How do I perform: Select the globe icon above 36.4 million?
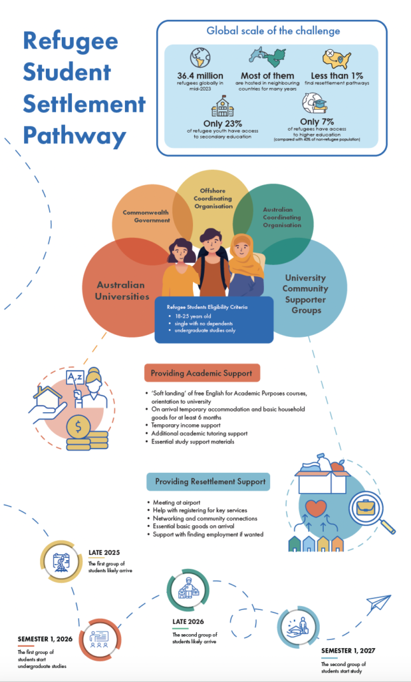200,57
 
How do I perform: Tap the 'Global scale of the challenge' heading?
273,31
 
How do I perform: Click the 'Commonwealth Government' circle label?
147,216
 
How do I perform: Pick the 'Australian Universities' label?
126,290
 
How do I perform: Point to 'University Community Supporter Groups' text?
305,293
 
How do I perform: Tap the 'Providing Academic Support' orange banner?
202,372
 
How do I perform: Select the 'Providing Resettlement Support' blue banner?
207,481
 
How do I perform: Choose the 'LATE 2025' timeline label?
105,552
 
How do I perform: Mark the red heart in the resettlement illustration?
317,508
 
